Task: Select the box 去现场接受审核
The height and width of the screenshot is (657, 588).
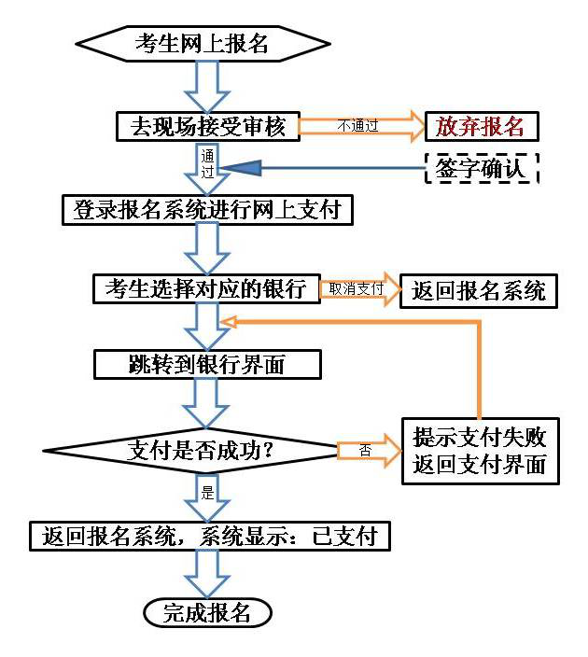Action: (207, 125)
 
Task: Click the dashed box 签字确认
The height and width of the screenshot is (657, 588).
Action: (482, 169)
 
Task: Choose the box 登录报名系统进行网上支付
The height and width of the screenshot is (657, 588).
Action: (207, 210)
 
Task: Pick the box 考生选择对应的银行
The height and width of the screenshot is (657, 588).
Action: (206, 288)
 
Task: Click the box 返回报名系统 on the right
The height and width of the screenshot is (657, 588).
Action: (479, 290)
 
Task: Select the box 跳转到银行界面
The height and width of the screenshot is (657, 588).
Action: (206, 364)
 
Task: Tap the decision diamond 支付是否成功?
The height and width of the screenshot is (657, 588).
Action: (192, 450)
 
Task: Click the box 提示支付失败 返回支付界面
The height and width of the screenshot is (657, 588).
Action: (480, 450)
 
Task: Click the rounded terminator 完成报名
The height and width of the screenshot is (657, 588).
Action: (207, 612)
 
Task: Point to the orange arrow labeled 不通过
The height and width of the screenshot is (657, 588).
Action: (360, 126)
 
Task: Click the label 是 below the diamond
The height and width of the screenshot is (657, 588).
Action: (208, 491)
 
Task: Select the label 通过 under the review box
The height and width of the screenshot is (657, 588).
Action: (207, 164)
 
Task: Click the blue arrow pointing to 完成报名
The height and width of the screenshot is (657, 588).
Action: (207, 573)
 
